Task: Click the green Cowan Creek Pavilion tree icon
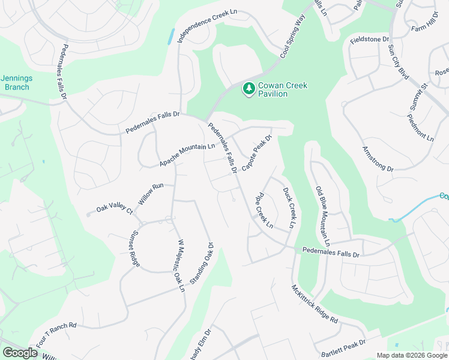(248, 89)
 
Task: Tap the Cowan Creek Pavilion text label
(283, 90)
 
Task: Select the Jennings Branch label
(16, 82)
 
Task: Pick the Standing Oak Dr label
(202, 263)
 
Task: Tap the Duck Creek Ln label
(289, 208)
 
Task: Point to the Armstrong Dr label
(378, 159)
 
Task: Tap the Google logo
(20, 353)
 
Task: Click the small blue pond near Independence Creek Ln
(172, 35)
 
